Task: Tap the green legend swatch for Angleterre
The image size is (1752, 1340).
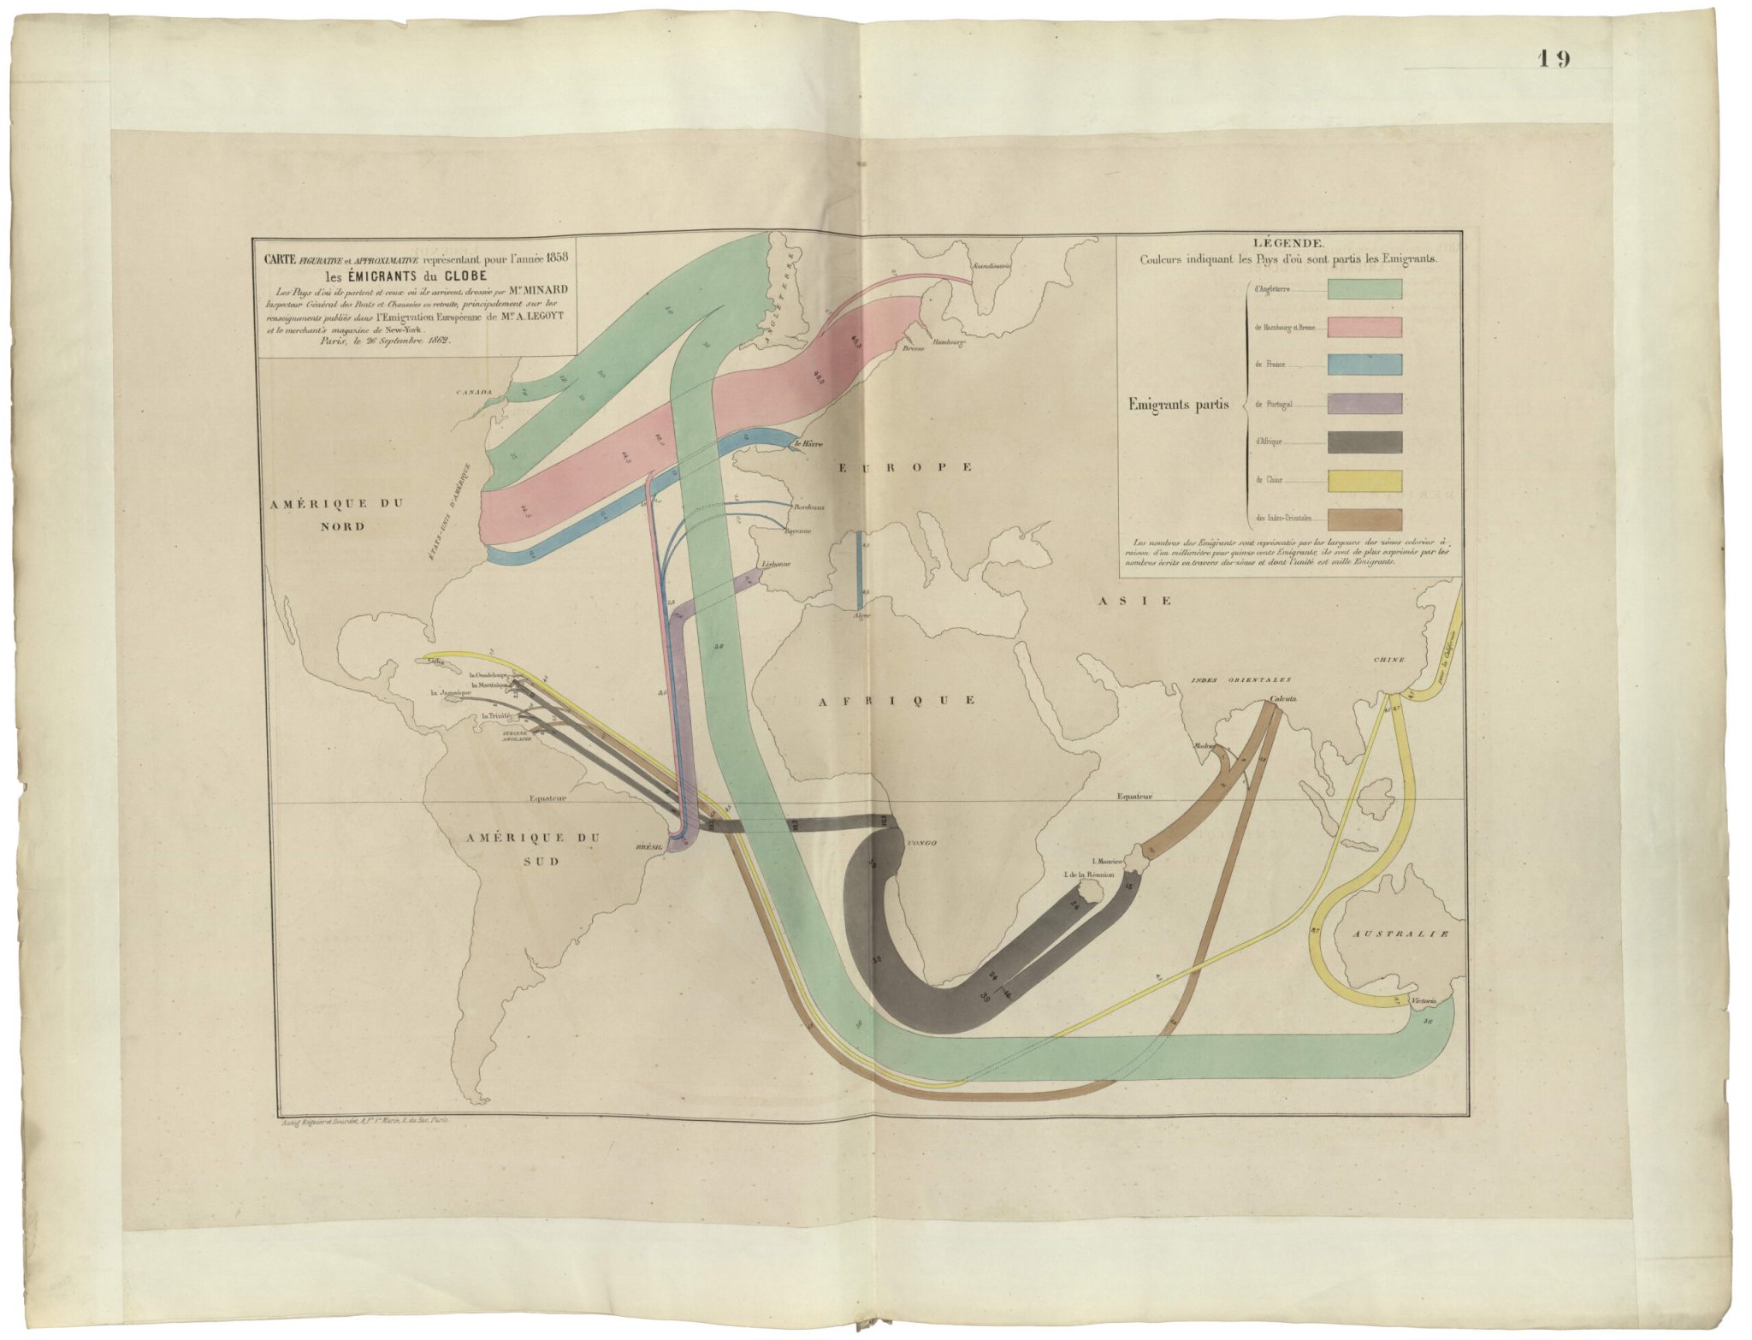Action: [1364, 288]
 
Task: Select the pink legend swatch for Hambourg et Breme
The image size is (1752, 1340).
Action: [1364, 327]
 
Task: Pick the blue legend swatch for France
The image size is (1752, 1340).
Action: [1364, 365]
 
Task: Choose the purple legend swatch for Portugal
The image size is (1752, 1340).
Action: [1364, 403]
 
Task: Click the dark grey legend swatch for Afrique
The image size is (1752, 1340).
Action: [1364, 442]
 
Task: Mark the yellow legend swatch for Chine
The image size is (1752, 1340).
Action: [1364, 480]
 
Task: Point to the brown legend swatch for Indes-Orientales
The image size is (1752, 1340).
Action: [1364, 519]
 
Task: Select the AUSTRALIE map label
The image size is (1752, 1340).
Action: [1401, 934]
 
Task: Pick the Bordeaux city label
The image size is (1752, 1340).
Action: [808, 507]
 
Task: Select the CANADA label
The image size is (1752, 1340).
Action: [475, 393]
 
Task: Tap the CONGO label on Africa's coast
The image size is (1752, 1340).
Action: [921, 843]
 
